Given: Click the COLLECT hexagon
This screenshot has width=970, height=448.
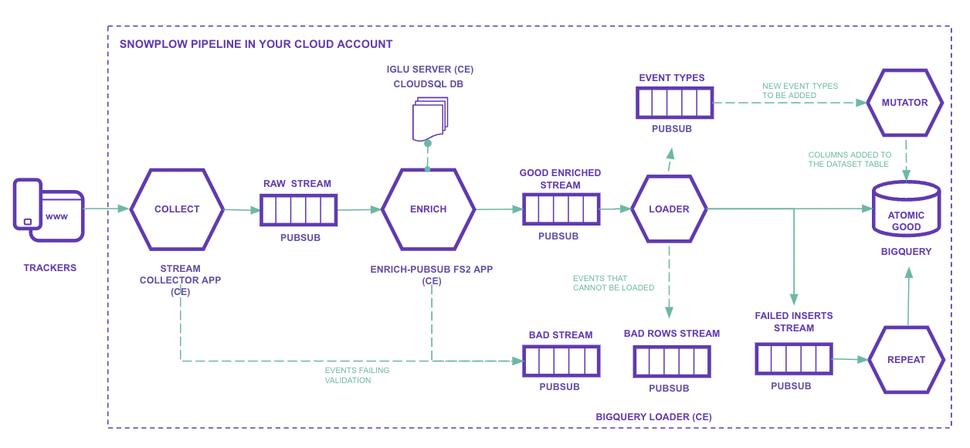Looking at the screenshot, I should (177, 209).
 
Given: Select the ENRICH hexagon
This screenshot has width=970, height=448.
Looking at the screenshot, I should (428, 209).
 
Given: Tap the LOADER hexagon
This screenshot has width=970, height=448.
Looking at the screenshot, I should (669, 209).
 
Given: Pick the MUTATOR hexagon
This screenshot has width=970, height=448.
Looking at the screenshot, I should (904, 103).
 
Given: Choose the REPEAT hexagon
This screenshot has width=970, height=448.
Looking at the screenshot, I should (907, 360).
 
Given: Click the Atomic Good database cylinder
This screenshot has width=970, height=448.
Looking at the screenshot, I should (906, 209).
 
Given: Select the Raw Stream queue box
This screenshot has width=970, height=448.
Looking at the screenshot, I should (298, 209).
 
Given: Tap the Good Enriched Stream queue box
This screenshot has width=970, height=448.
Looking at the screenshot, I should (561, 209).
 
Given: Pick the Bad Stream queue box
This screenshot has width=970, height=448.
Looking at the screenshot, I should (561, 361).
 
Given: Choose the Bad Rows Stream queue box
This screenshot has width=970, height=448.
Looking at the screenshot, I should (671, 361).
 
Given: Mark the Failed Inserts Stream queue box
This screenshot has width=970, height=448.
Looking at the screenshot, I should (793, 359).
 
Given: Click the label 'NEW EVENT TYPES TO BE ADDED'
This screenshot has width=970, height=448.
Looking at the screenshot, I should (800, 91).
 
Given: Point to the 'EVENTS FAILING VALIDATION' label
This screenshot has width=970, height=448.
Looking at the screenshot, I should (357, 375).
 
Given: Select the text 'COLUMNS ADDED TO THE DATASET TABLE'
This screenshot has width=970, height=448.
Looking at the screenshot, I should (850, 159).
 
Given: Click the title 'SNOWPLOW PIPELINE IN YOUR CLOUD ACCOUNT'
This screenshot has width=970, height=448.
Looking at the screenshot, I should (256, 44).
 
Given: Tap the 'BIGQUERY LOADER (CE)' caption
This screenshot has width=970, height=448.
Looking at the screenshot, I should (653, 417).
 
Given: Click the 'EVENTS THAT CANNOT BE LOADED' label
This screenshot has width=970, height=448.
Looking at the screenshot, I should (613, 283).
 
